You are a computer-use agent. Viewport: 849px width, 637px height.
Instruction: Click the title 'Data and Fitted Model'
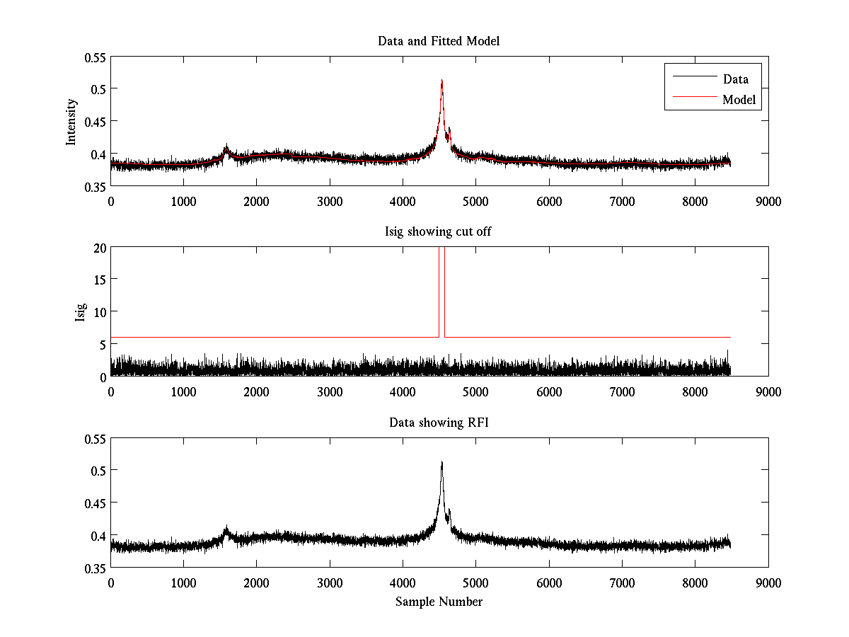click(439, 41)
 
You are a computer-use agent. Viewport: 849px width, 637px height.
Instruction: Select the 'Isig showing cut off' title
click(439, 232)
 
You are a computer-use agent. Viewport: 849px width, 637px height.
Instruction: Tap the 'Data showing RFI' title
click(439, 423)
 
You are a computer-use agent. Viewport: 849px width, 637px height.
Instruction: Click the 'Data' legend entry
click(735, 79)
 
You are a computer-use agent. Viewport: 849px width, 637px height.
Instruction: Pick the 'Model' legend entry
click(739, 100)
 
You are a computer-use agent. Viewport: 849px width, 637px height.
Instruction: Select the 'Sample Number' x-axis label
click(439, 602)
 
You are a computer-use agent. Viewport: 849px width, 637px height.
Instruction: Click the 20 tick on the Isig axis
click(98, 247)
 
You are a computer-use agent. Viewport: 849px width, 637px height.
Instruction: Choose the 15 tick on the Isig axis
click(98, 280)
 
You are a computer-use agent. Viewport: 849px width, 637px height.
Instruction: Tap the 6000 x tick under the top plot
click(549, 201)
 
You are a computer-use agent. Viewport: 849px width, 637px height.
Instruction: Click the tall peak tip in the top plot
click(441, 81)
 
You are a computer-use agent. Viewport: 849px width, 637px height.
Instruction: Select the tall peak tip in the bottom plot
click(441, 463)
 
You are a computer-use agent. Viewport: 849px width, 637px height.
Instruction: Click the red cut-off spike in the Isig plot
click(441, 290)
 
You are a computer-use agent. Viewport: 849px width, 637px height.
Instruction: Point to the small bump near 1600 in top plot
click(226, 149)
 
